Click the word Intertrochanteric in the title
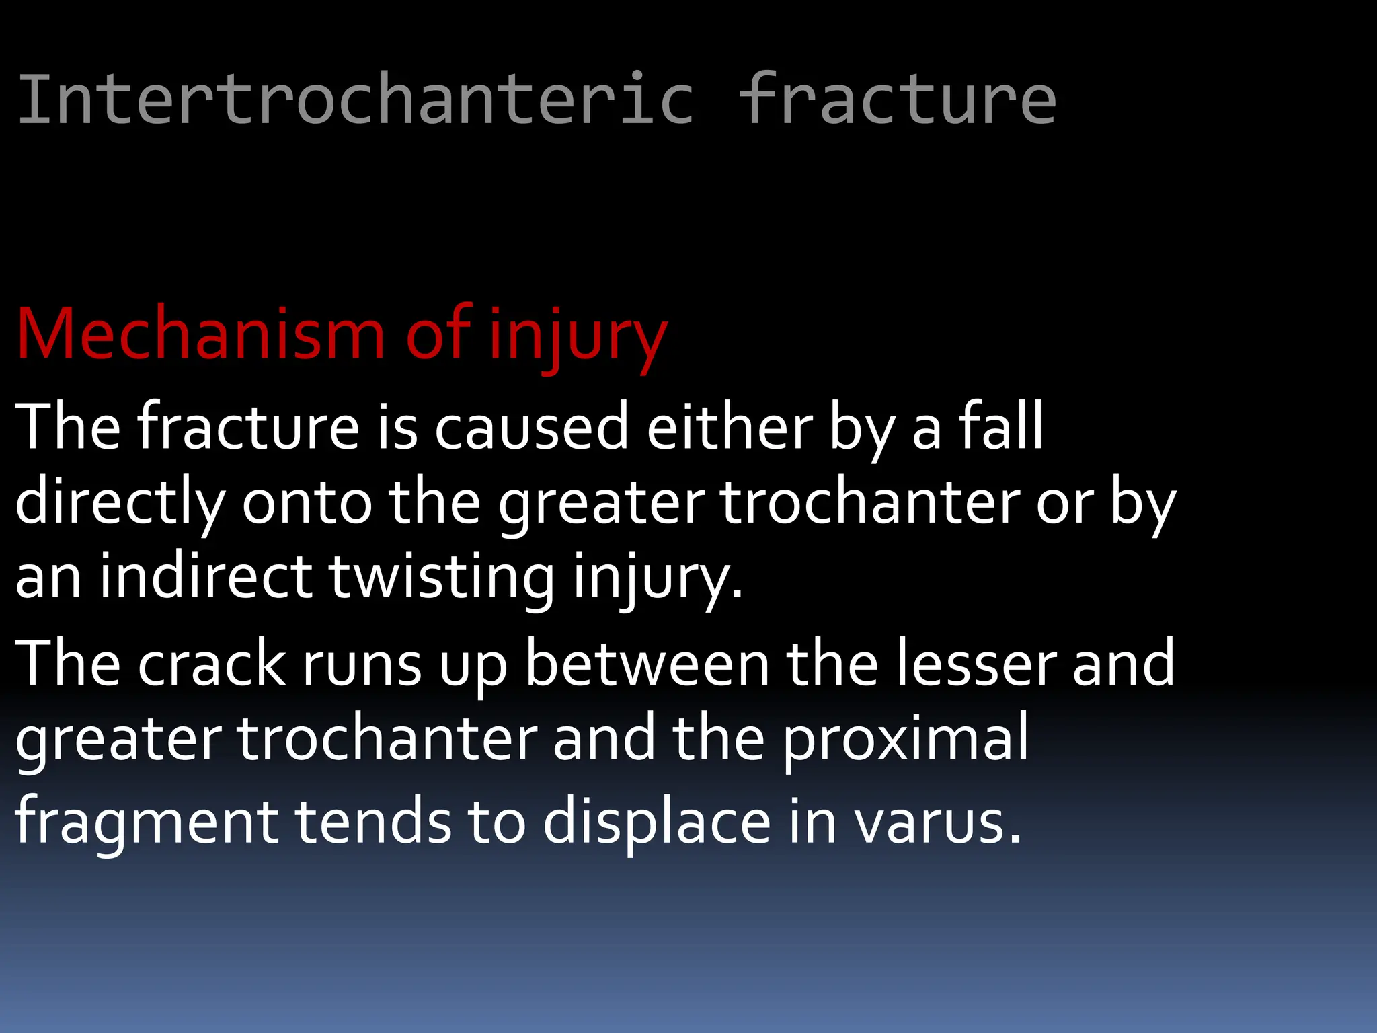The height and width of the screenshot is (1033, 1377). (x=355, y=100)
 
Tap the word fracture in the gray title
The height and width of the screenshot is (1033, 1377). (x=898, y=100)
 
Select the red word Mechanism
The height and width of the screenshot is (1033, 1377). (x=200, y=334)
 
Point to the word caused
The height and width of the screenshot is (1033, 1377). (x=531, y=428)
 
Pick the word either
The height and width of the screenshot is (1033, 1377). (x=730, y=428)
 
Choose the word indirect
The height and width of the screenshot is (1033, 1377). (x=206, y=577)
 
